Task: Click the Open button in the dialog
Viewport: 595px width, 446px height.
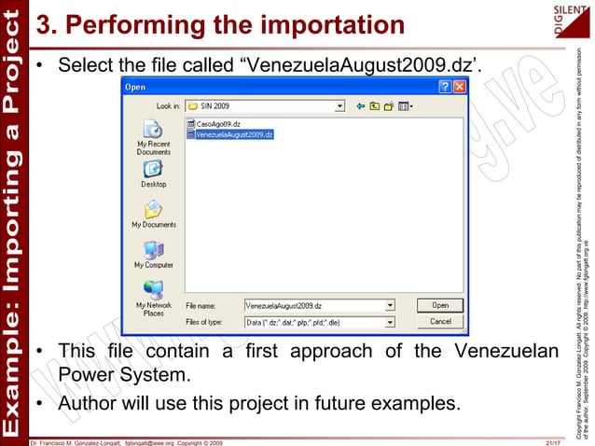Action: pos(440,305)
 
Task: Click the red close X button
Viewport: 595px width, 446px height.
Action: pos(459,87)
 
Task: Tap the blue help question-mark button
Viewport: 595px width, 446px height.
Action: pos(444,87)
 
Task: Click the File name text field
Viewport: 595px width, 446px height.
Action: pos(313,305)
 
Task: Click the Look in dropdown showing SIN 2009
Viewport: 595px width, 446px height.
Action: pos(265,105)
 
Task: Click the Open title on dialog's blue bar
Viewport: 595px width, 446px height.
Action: pos(136,87)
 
